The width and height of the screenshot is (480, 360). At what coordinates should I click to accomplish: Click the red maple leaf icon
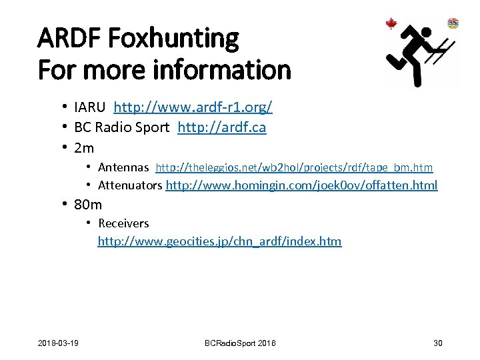[391, 24]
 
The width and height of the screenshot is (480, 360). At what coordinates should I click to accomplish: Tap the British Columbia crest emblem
[453, 23]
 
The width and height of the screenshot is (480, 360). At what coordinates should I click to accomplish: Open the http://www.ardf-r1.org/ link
[193, 107]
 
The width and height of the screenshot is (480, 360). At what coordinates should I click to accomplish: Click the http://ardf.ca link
[221, 127]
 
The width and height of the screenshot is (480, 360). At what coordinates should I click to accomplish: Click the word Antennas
[123, 167]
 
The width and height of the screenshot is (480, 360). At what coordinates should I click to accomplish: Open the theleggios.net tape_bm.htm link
[294, 167]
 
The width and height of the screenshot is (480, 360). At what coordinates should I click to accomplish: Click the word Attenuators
[129, 185]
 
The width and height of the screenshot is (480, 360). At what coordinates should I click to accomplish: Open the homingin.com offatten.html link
[301, 185]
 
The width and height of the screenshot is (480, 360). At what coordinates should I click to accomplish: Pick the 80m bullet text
[88, 204]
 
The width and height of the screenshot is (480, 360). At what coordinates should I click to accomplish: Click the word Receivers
[123, 223]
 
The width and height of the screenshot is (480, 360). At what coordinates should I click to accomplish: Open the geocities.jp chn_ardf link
[219, 241]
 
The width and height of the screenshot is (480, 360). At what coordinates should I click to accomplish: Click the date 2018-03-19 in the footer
[59, 343]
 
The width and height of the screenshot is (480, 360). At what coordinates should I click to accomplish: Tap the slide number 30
[437, 343]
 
